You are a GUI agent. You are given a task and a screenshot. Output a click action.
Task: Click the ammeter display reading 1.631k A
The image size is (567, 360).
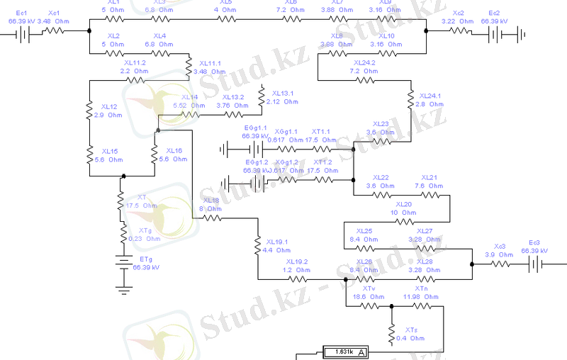[x=343, y=351]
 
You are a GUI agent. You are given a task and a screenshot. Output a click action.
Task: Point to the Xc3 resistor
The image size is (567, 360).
[x=501, y=264]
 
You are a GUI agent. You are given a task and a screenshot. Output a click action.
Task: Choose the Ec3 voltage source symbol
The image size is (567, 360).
[x=535, y=264]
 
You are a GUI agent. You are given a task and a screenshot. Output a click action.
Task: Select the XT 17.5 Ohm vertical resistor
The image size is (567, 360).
[x=121, y=203]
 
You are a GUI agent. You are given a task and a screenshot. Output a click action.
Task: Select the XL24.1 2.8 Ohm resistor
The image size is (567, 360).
[x=410, y=100]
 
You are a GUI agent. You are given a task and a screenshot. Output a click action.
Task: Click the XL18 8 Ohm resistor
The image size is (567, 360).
[x=213, y=219]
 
